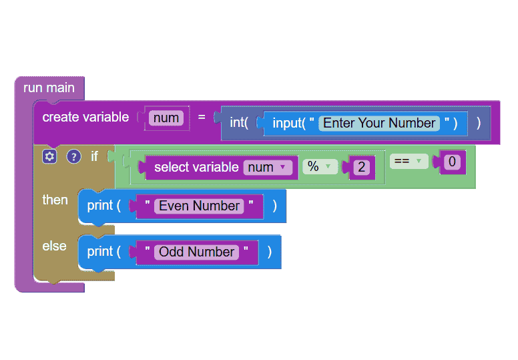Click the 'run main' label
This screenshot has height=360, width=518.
pyautogui.click(x=49, y=88)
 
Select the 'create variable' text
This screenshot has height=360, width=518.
pyautogui.click(x=85, y=117)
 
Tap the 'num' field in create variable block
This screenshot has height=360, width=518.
pyautogui.click(x=166, y=118)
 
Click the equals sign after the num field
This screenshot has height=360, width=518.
pyautogui.click(x=202, y=117)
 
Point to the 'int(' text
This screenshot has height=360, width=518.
pyautogui.click(x=239, y=123)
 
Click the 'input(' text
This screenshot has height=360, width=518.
pyautogui.click(x=289, y=123)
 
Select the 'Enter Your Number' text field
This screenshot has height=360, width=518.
pyautogui.click(x=379, y=123)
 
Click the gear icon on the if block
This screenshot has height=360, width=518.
pyautogui.click(x=49, y=156)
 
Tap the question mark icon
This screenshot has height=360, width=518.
pyautogui.click(x=73, y=157)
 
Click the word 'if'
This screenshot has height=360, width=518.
pyautogui.click(x=95, y=156)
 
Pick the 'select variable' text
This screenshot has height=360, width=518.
pyautogui.click(x=196, y=167)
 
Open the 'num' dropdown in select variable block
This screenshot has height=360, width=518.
pyautogui.click(x=268, y=167)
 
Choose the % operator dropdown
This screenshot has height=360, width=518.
pyautogui.click(x=320, y=166)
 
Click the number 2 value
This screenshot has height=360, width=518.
pyautogui.click(x=361, y=167)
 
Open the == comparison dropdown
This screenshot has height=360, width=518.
pyautogui.click(x=409, y=162)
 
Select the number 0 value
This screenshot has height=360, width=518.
pyautogui.click(x=452, y=162)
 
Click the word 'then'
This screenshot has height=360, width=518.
pyautogui.click(x=55, y=200)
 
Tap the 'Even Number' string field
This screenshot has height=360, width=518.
pyautogui.click(x=199, y=206)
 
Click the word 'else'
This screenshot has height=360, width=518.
pyautogui.click(x=55, y=246)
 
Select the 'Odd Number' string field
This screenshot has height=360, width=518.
pyautogui.click(x=196, y=252)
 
